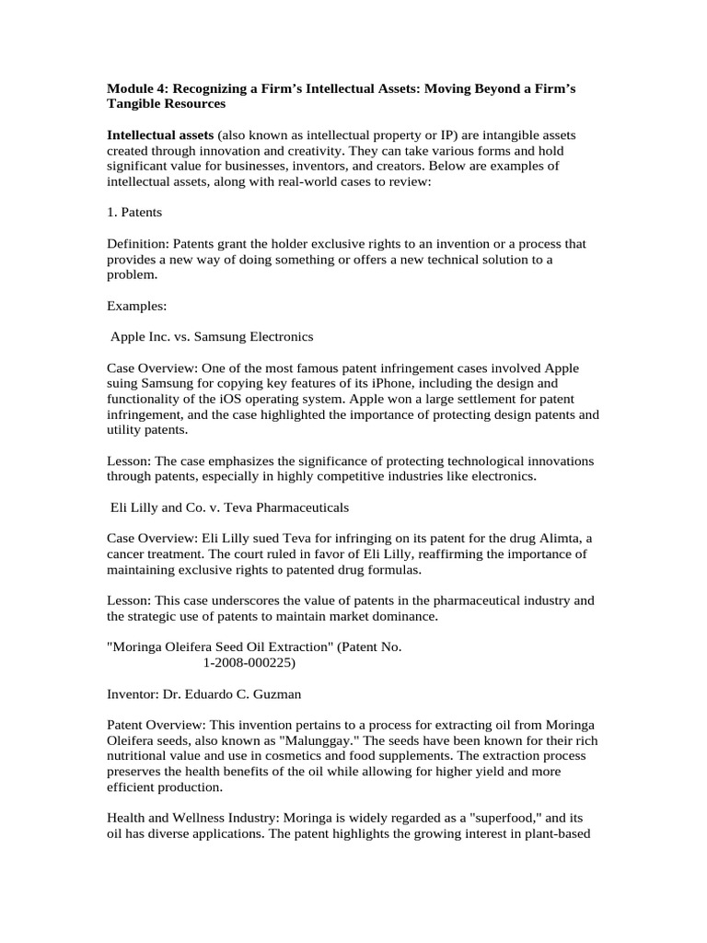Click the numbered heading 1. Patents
134,212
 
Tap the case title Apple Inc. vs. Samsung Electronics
212,337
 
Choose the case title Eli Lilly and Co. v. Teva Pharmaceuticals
229,507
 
